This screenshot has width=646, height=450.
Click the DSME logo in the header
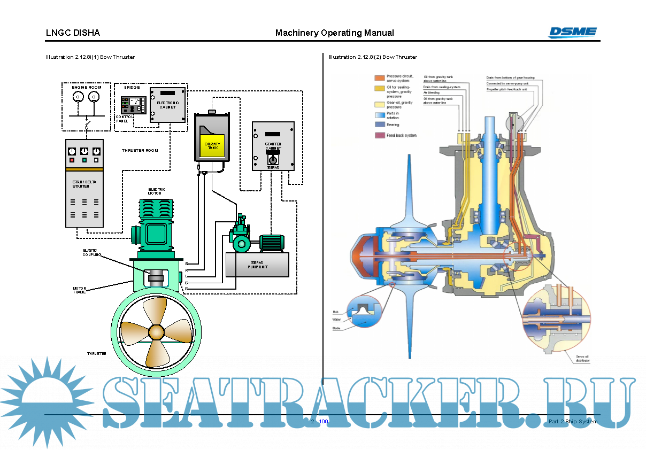coord(572,32)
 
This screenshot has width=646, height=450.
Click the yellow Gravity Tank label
coord(213,145)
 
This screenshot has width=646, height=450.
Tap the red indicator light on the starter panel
coord(72,159)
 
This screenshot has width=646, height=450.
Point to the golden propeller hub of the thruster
coord(157,332)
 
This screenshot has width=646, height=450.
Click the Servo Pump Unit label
coord(257,265)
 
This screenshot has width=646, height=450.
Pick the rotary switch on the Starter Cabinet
coord(273,160)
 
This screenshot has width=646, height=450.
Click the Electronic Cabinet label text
coord(167,104)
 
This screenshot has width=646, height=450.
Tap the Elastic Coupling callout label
coord(91,252)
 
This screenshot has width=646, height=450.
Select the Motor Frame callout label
coord(80,290)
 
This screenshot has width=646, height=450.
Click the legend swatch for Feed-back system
coord(379,136)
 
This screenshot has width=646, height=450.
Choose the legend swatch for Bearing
coord(379,125)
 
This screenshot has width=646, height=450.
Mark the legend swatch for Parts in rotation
coord(379,115)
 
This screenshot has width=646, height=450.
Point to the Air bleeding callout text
coord(432,92)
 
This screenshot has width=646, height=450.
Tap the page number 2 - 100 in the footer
coord(320,422)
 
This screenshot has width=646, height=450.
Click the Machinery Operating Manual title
coord(334,33)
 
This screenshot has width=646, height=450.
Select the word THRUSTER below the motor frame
coord(97,353)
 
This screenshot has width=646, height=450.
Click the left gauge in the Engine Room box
coord(78,97)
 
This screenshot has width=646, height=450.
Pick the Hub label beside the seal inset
coord(335,312)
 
